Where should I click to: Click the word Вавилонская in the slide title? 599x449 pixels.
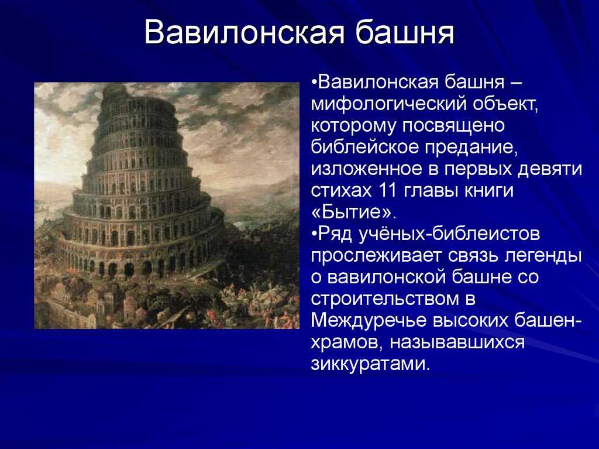tap(245, 32)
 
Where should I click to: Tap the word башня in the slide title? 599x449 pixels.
tap(405, 32)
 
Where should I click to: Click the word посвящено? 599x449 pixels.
tap(453, 126)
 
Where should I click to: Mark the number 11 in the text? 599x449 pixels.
tap(389, 191)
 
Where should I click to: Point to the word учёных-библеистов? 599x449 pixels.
tap(449, 234)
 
